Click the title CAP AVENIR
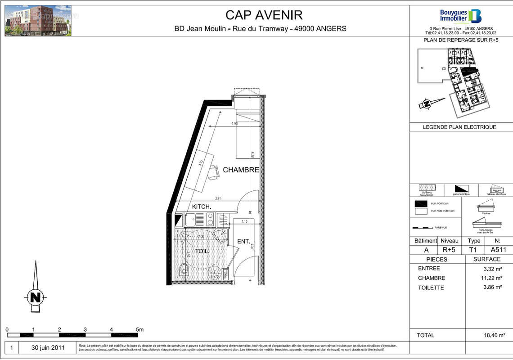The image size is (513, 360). (264, 15)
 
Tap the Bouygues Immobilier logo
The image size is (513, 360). (460, 16)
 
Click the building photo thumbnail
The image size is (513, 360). (38, 21)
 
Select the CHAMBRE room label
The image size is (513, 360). (241, 170)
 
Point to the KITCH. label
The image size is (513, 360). (202, 207)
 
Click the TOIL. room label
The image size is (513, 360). (202, 251)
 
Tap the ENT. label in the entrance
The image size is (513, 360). (243, 242)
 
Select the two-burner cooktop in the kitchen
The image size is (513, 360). (210, 220)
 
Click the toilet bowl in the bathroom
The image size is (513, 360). (183, 270)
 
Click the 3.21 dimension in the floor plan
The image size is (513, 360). (218, 198)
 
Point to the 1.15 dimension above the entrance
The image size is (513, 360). (244, 221)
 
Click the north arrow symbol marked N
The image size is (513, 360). (35, 297)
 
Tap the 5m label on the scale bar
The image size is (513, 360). (139, 330)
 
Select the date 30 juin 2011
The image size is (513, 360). (48, 348)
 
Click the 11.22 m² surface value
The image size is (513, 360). (491, 278)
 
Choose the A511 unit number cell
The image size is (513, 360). (499, 250)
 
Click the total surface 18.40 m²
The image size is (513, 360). (491, 335)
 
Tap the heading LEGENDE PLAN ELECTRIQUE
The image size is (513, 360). (459, 127)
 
